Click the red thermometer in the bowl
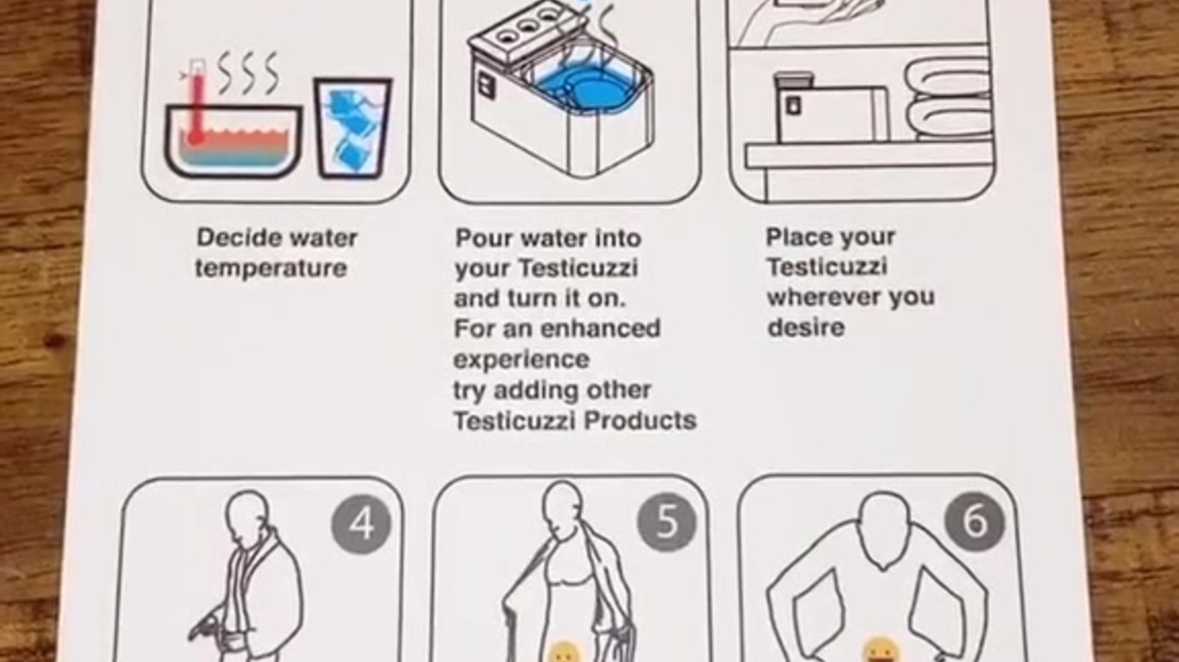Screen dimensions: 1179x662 click(196, 103)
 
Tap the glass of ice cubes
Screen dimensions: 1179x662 click(352, 128)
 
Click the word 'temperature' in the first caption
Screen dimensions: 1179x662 click(271, 269)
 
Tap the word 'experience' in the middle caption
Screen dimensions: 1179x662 click(521, 360)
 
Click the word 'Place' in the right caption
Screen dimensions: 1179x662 click(798, 237)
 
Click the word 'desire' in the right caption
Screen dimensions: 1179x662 click(806, 328)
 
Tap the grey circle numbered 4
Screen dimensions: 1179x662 click(361, 524)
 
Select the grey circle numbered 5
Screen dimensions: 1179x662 click(666, 521)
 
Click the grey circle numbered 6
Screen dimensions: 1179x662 click(974, 521)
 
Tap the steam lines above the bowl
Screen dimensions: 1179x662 click(247, 72)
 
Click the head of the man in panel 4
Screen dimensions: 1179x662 click(246, 513)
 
